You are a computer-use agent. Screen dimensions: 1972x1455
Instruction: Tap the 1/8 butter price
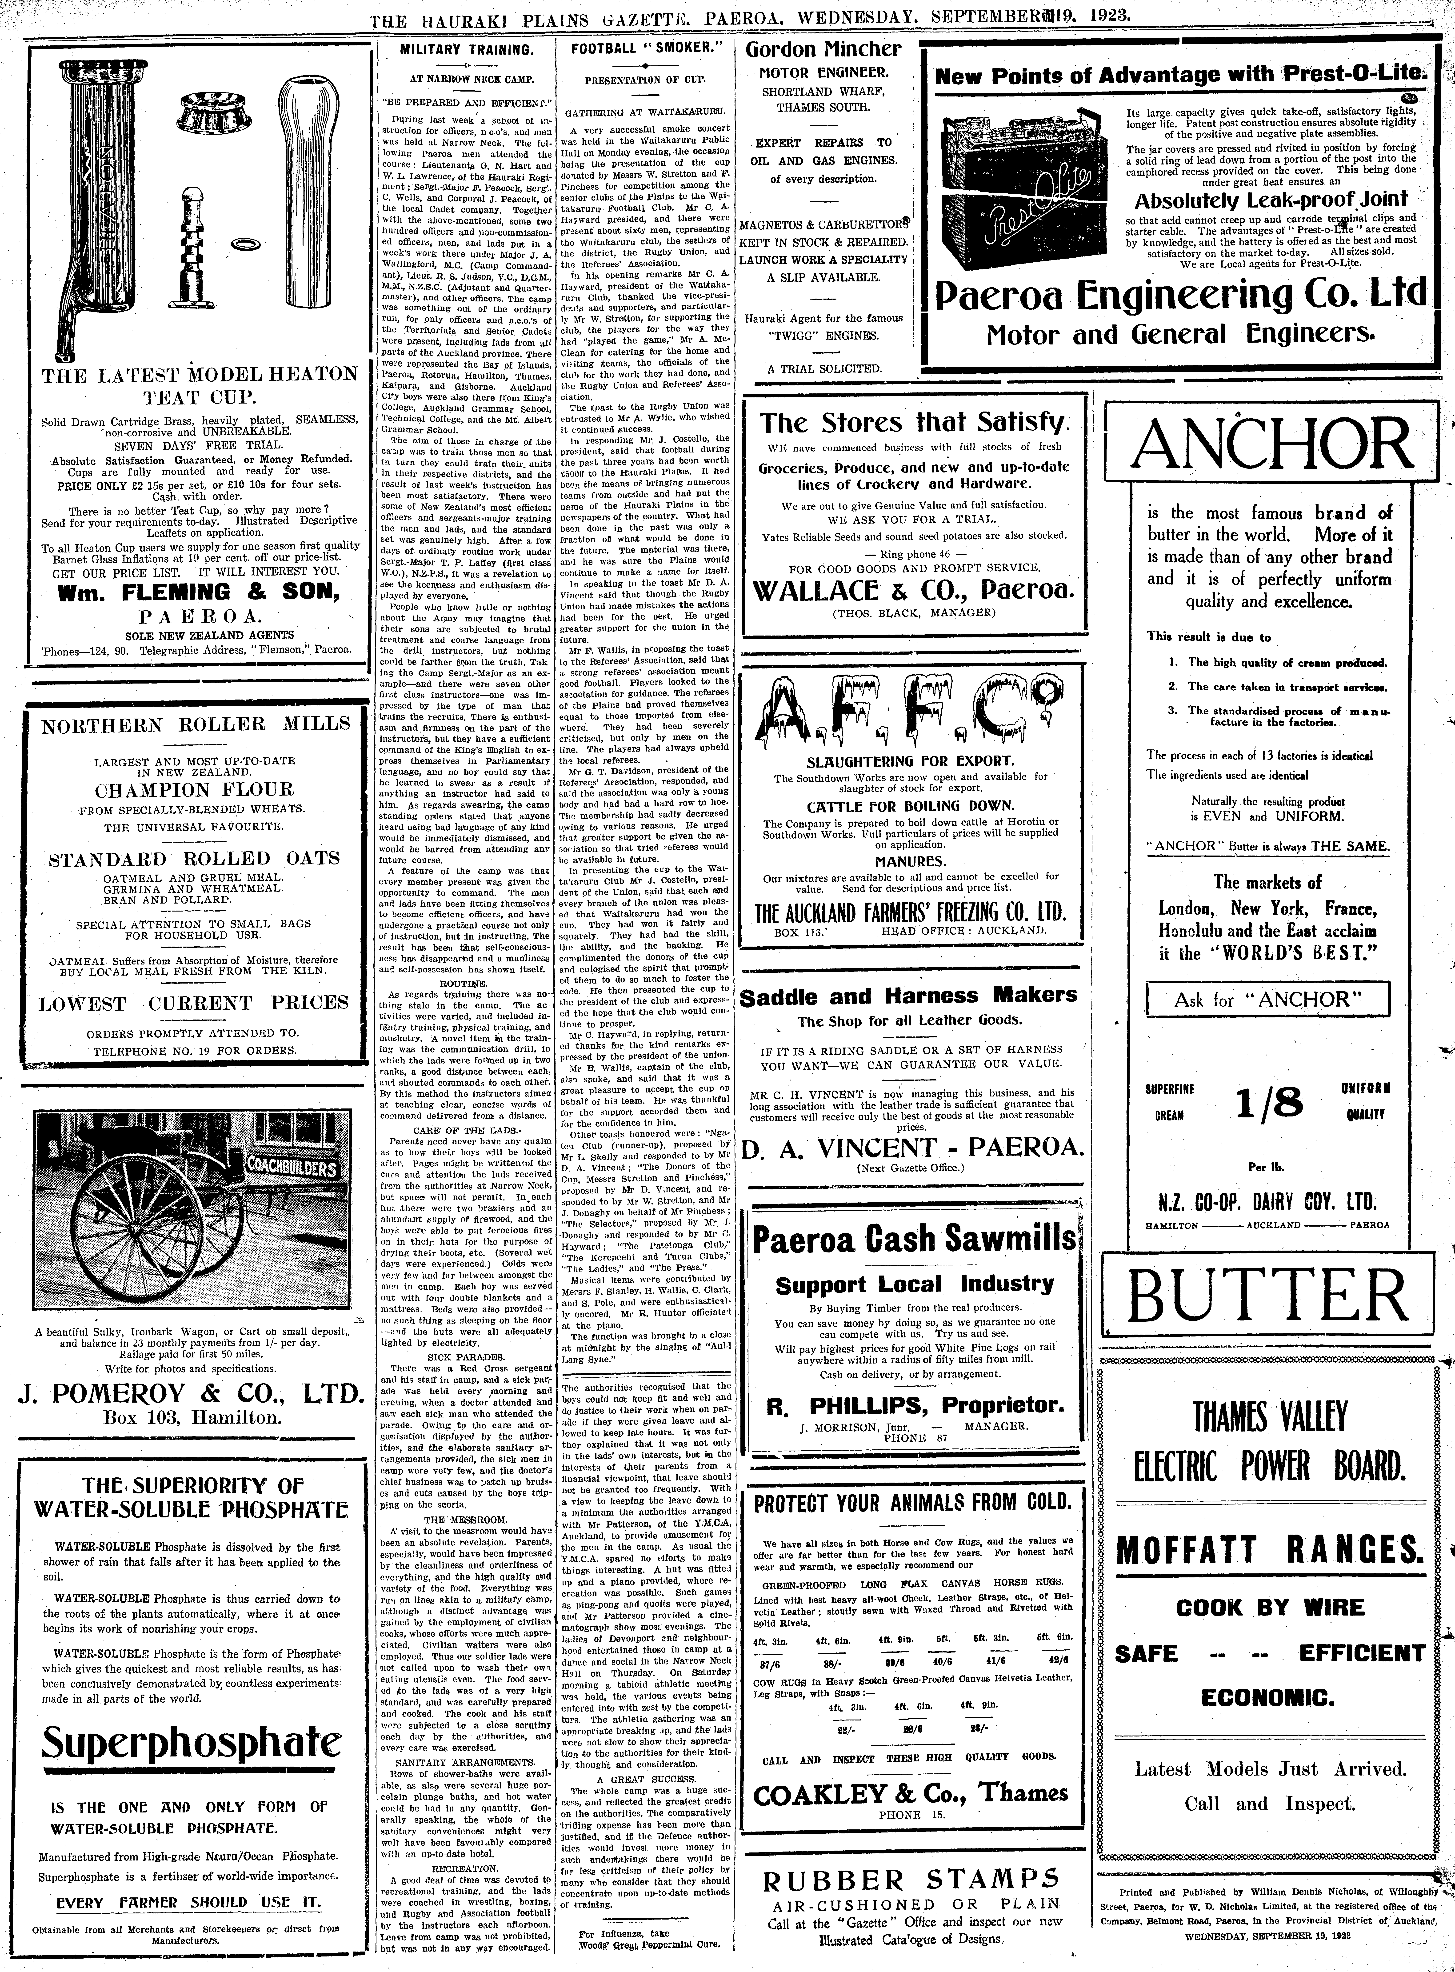click(x=1268, y=1101)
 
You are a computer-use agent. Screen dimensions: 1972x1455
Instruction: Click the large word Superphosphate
click(x=193, y=1741)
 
